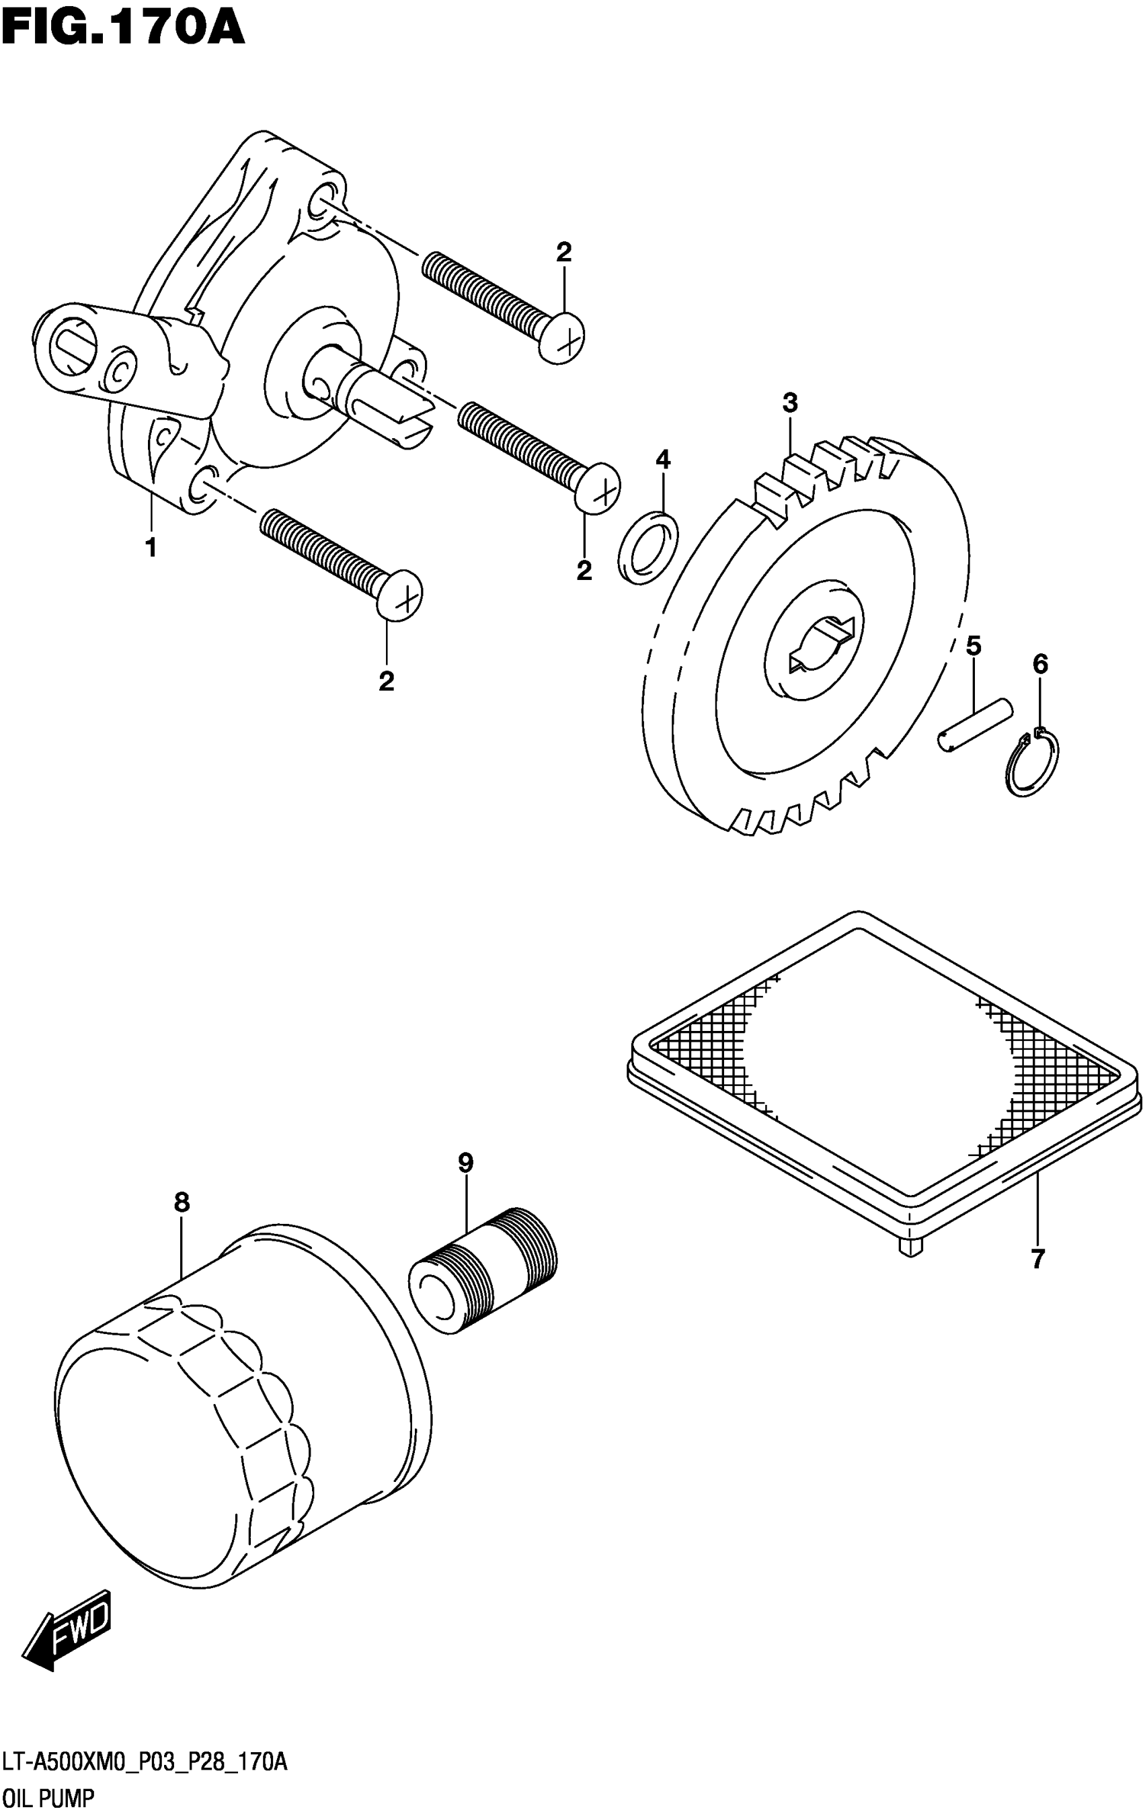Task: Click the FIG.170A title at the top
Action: (x=122, y=30)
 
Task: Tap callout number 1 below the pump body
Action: (x=151, y=547)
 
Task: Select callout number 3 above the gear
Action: (x=790, y=403)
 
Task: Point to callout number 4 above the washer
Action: (x=663, y=458)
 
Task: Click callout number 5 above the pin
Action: (x=974, y=646)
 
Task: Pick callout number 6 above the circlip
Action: (x=1040, y=664)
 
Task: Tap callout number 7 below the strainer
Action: (x=1037, y=1259)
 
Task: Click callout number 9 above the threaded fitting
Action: (x=466, y=1163)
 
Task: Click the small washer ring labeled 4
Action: (x=648, y=548)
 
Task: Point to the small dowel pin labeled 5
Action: (x=975, y=725)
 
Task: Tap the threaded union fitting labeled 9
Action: (x=483, y=1272)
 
